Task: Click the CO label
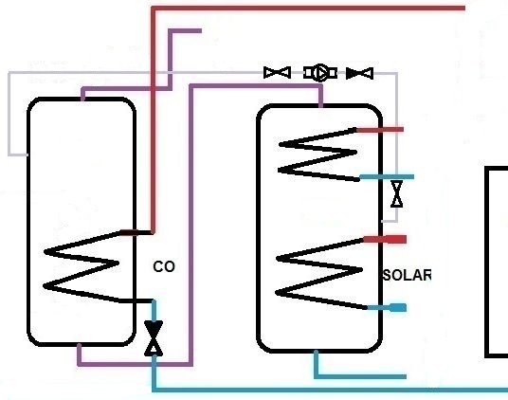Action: click(x=164, y=266)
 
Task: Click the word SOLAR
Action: click(x=408, y=275)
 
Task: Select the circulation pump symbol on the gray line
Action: click(x=320, y=73)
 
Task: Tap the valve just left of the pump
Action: click(x=278, y=73)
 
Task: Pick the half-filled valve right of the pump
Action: click(x=359, y=73)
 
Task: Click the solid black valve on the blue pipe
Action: click(x=154, y=338)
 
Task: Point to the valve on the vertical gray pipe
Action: click(x=397, y=193)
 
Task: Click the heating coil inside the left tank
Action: click(x=81, y=266)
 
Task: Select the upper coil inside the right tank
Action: click(x=317, y=155)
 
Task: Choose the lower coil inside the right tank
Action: click(x=319, y=274)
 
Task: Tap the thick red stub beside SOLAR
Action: click(x=385, y=240)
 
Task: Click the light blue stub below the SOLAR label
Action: click(x=387, y=307)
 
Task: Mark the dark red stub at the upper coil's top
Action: click(x=380, y=130)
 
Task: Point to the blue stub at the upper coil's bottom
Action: click(x=387, y=177)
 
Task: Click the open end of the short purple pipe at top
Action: click(x=201, y=31)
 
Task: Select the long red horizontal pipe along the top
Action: click(x=308, y=9)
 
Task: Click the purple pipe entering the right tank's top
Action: click(x=255, y=86)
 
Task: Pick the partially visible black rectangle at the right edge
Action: click(x=487, y=263)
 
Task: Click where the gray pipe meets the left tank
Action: click(x=27, y=155)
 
